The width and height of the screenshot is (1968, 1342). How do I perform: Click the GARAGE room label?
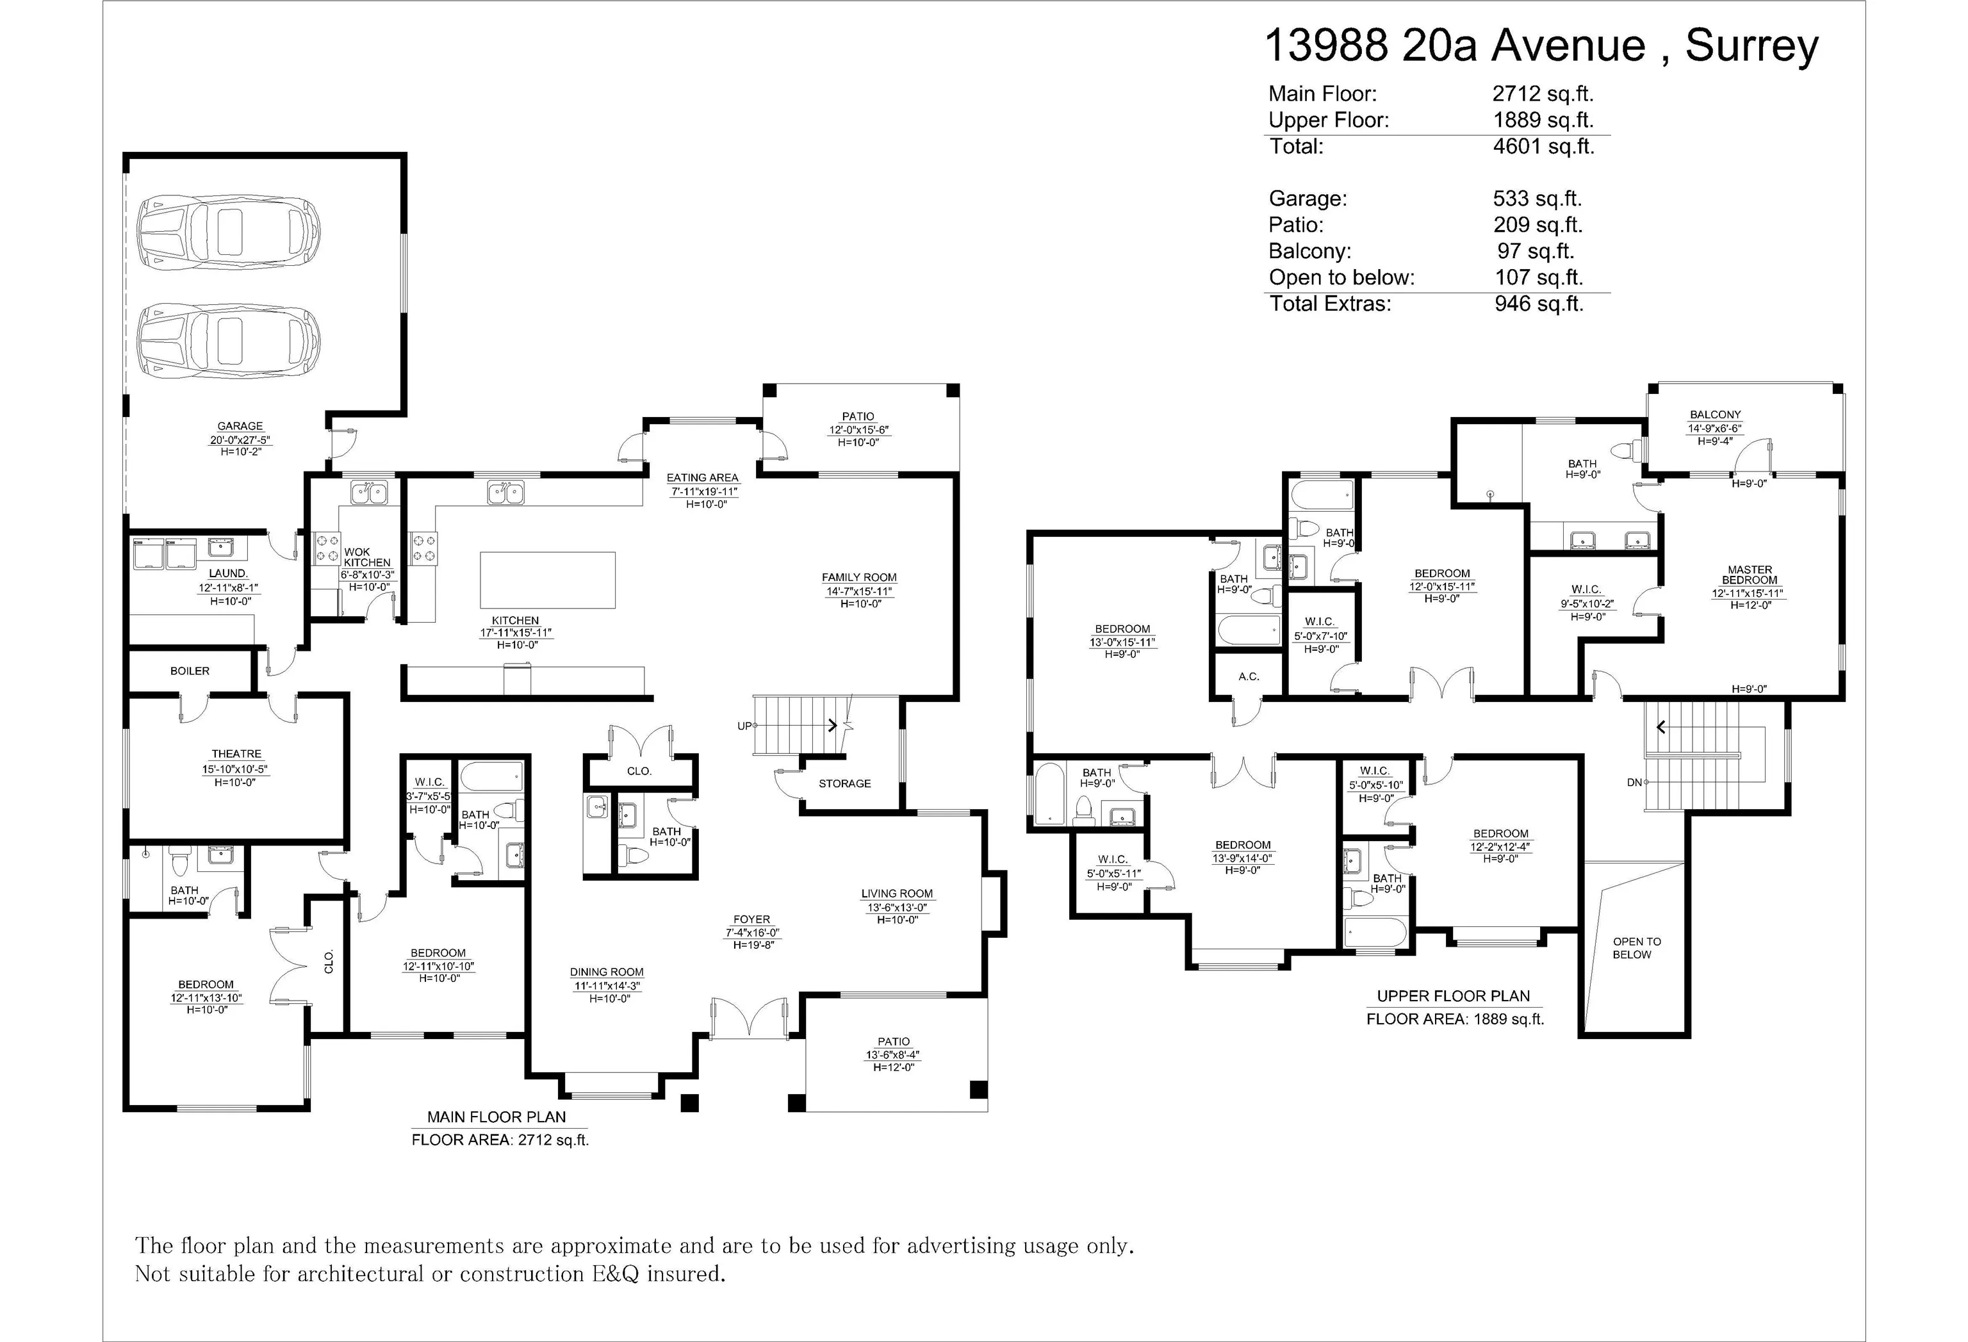click(240, 426)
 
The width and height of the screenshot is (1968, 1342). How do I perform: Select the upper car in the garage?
click(229, 231)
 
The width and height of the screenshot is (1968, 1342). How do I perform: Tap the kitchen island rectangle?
click(548, 579)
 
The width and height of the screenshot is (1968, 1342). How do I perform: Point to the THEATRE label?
click(236, 753)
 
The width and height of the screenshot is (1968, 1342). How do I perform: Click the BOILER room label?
click(190, 671)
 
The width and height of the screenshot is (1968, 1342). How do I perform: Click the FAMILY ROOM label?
click(858, 577)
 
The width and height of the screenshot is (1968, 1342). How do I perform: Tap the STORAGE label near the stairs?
click(844, 783)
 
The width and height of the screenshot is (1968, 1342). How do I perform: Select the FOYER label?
click(752, 919)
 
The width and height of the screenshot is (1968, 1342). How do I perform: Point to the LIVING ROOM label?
click(897, 893)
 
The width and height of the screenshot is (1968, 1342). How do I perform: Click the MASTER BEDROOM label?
click(1750, 575)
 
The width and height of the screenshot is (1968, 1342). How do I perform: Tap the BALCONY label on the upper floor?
click(1715, 415)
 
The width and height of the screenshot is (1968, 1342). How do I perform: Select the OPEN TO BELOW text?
click(1637, 947)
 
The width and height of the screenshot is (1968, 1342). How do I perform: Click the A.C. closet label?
click(1249, 676)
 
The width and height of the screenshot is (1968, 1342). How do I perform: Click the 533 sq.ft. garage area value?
click(1537, 199)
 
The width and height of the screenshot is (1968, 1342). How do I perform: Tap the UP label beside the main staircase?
click(745, 726)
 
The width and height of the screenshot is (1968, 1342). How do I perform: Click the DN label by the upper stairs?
click(1634, 782)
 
